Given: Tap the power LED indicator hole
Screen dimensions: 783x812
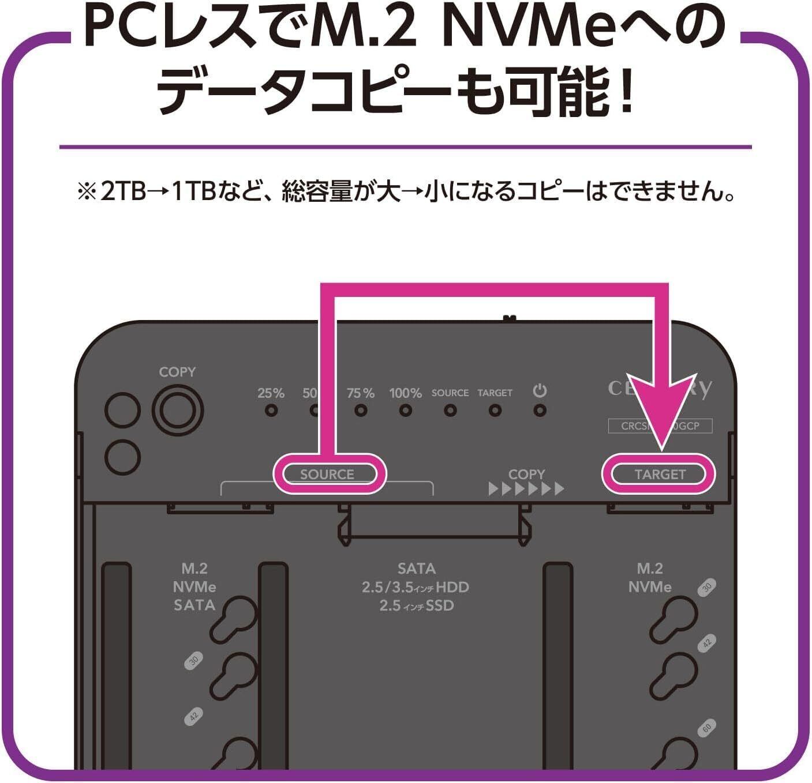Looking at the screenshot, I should tap(540, 411).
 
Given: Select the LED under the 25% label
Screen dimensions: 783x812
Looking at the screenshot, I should tap(271, 411).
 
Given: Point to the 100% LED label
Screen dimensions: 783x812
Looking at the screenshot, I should tap(405, 393).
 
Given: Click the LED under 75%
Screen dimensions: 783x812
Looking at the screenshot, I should tap(361, 411).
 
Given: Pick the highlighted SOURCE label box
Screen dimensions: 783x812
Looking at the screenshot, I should tap(327, 474).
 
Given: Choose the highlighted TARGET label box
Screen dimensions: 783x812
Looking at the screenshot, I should tap(660, 474).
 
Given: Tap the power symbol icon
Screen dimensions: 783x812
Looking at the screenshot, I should tap(540, 391).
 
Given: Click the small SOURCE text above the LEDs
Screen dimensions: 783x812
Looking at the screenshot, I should tap(450, 393).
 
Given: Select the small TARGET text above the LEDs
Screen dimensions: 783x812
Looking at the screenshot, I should tap(495, 393).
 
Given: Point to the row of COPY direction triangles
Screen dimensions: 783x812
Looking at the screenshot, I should tap(526, 490).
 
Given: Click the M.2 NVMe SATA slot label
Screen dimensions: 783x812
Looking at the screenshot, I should tap(194, 586).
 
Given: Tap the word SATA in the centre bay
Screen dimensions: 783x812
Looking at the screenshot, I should tap(416, 569).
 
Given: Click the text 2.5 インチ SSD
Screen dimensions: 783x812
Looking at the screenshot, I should tap(416, 606).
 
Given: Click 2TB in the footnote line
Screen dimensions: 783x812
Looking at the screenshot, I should tap(123, 191).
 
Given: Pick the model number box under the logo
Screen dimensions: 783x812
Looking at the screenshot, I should tap(660, 426).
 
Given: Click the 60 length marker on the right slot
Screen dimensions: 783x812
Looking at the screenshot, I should tap(706, 728).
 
